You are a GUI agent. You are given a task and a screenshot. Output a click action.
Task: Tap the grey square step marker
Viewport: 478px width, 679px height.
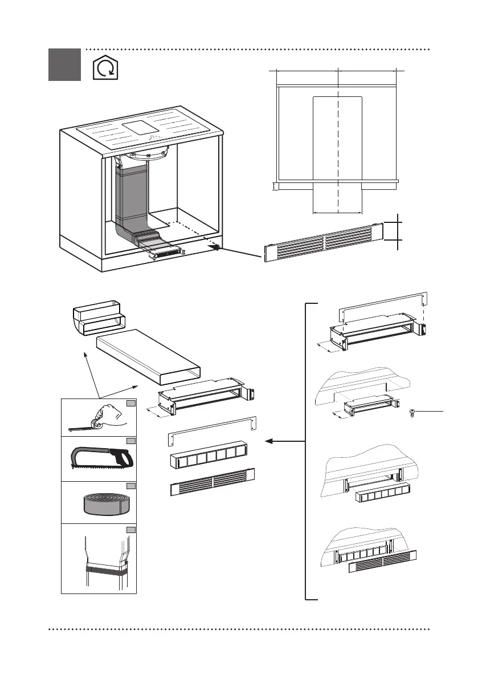pos(64,64)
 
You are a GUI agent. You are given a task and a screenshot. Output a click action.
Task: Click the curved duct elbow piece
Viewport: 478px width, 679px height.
pos(95,320)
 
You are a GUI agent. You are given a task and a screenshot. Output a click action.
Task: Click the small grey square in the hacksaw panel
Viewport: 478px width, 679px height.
pos(130,441)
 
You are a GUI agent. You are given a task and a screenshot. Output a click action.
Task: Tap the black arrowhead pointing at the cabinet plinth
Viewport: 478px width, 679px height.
pos(215,246)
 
